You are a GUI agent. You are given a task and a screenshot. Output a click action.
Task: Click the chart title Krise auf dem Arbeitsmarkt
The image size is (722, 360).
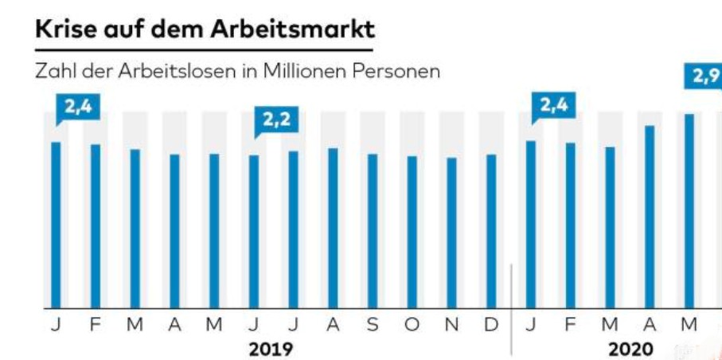(205, 30)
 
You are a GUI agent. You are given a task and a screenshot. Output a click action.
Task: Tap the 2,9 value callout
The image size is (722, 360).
(704, 76)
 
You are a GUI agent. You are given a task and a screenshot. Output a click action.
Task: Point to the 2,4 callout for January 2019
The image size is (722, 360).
(77, 108)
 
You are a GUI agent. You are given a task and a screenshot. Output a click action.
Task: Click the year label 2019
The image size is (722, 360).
(271, 349)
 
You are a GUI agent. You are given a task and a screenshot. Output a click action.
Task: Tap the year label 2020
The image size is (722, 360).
(630, 349)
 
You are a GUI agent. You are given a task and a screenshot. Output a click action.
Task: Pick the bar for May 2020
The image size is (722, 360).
(689, 211)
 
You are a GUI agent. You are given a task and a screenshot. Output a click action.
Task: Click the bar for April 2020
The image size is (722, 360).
(650, 217)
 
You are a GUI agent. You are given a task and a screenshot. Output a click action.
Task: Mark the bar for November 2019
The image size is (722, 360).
(451, 233)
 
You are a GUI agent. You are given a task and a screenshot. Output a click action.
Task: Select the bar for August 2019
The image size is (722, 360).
(333, 228)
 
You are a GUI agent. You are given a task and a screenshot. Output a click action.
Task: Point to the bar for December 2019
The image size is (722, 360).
(491, 231)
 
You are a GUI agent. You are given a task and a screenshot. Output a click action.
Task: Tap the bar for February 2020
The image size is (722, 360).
(570, 225)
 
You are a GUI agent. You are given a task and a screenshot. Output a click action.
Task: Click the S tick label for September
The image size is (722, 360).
(373, 325)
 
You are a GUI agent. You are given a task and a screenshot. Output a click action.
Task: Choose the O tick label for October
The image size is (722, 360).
(412, 325)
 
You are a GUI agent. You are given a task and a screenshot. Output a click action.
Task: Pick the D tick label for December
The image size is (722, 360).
(491, 325)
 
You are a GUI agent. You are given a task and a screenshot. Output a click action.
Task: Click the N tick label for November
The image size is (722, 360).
(451, 325)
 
